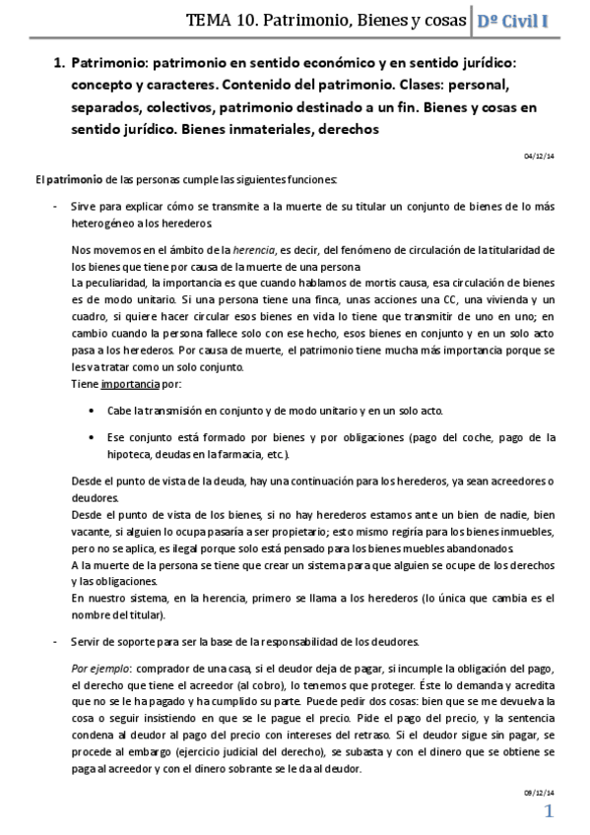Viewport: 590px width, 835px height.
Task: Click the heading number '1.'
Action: (58, 63)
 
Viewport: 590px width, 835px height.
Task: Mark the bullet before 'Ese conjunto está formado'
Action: (91, 437)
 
